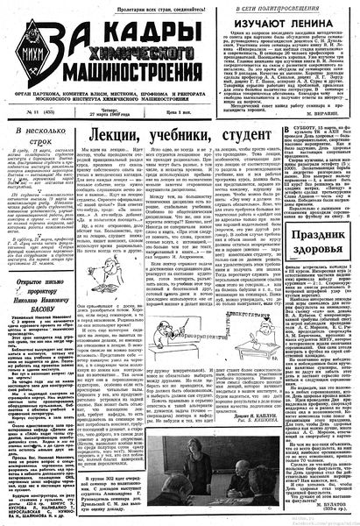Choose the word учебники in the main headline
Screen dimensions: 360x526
[x=180, y=137]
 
